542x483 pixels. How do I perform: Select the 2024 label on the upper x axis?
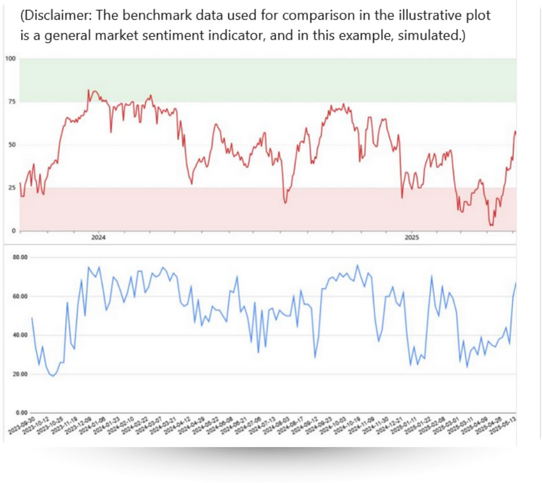(98, 237)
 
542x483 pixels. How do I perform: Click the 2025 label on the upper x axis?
(411, 237)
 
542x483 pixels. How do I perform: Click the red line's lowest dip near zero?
(492, 225)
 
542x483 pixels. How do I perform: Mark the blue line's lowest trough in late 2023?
(53, 376)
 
